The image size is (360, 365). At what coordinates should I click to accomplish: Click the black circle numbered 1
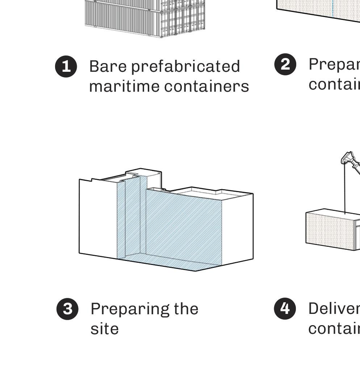coord(66,67)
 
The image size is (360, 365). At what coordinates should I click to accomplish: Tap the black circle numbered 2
coord(285,65)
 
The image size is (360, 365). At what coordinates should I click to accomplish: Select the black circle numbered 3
coord(67,309)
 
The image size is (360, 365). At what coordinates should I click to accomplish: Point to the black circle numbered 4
coord(285,309)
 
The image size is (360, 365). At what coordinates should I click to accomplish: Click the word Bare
coord(108,67)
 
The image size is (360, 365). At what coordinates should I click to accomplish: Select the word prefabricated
coord(185,67)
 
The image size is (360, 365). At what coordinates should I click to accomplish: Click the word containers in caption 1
coord(206,87)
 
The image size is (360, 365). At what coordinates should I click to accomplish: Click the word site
coord(104,329)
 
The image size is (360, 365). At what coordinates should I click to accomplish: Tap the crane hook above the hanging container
coord(348,159)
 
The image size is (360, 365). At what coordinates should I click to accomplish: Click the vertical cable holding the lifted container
coord(345,188)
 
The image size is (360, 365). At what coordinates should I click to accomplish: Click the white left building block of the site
coord(98,217)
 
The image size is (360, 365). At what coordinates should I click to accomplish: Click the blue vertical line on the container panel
coord(332,7)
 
